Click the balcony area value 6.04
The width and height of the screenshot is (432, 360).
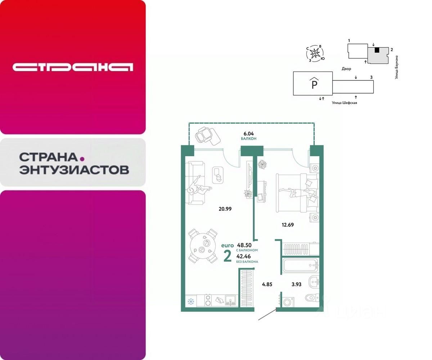click(249, 132)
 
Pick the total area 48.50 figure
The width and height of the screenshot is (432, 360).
click(244, 245)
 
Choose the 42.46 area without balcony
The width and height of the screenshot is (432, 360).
click(244, 256)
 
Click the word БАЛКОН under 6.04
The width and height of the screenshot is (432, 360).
click(249, 138)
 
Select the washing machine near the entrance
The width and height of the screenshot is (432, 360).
click(287, 302)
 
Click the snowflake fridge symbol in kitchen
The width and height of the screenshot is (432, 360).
click(191, 301)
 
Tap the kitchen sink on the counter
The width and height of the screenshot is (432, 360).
click(230, 300)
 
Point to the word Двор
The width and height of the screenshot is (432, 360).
click(347, 68)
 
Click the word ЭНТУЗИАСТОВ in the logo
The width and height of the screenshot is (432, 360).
click(74, 170)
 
